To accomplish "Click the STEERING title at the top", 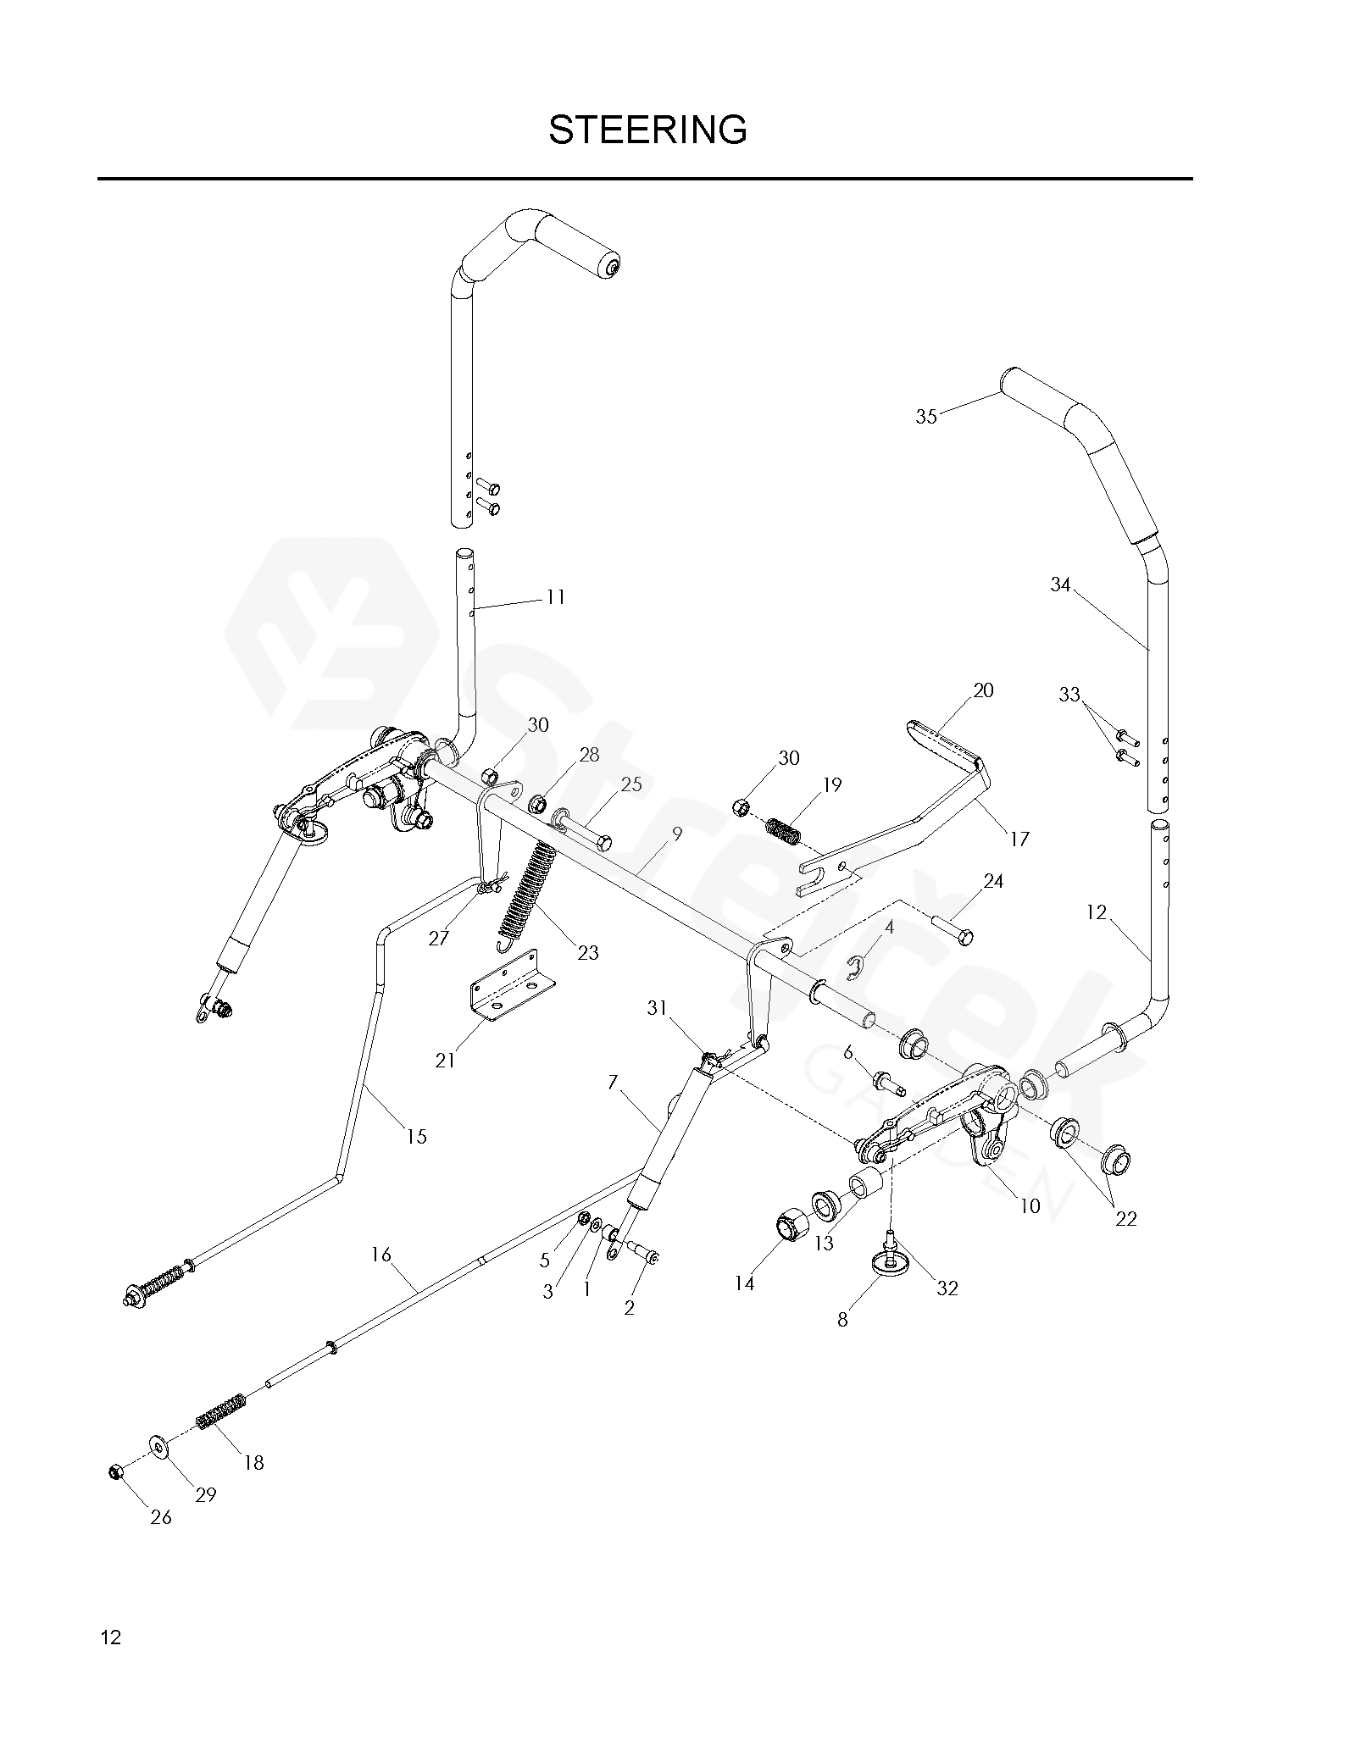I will click(647, 130).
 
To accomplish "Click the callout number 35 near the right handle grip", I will click(926, 417).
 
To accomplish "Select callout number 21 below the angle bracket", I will click(445, 1060).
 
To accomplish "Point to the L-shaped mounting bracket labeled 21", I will click(512, 993).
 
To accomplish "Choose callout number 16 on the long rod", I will click(381, 1255).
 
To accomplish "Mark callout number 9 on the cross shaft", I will click(676, 834).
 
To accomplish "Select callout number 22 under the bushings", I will click(1125, 1218).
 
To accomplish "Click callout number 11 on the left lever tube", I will click(554, 597).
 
